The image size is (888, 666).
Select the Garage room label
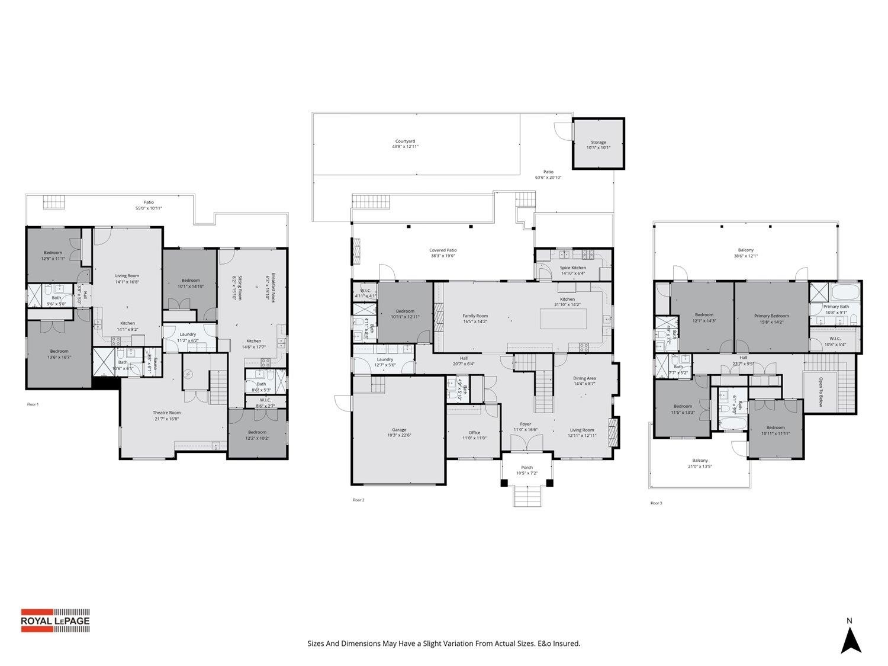coord(399,432)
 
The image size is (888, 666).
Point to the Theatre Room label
coord(166,415)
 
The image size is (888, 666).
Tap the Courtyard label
coord(405,144)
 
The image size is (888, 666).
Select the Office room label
coord(474,435)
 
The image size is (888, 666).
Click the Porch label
coord(526,470)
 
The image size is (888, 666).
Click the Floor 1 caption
coord(33,404)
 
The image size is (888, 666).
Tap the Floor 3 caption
coord(656,503)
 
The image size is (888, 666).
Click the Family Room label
coord(475,318)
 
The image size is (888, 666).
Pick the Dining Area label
coord(584,381)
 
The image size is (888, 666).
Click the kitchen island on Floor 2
coord(563,318)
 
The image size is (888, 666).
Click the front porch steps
coord(526,496)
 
